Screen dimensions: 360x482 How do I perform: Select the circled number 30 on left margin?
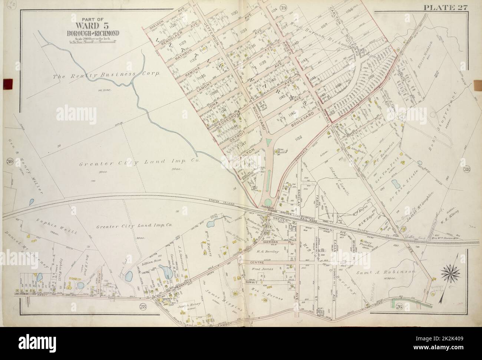coord(10,161)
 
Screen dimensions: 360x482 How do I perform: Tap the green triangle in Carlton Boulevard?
coord(268,142)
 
